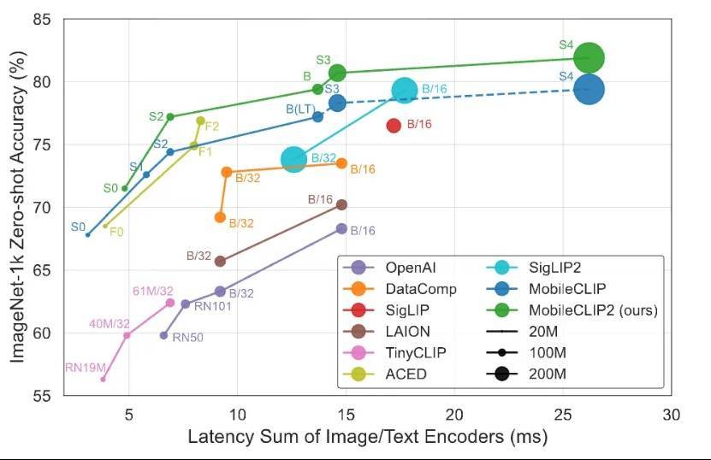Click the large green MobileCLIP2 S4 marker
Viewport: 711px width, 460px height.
[x=589, y=58]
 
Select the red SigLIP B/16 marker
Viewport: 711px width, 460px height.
[x=394, y=125]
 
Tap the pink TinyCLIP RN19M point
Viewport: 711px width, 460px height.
[x=104, y=379]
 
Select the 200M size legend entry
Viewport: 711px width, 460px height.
[x=548, y=374]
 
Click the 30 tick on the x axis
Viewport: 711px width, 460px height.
[x=671, y=415]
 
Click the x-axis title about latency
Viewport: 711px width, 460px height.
[x=367, y=438]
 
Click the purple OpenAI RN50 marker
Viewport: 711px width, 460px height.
[x=163, y=335]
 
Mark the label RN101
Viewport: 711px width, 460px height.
[x=212, y=306]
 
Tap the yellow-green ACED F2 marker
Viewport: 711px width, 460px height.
[x=200, y=121]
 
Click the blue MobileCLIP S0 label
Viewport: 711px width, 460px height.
[x=78, y=227]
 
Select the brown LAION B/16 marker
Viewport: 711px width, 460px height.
[x=341, y=204]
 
